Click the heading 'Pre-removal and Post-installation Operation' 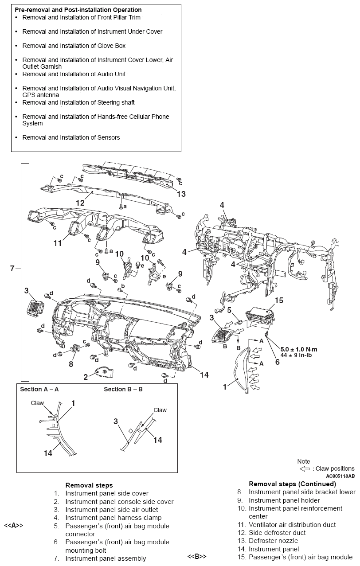[x=78, y=10]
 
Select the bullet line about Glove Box [x=74, y=46]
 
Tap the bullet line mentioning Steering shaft [x=78, y=102]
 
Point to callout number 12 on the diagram [x=80, y=203]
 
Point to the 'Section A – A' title [x=39, y=389]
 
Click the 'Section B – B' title [x=123, y=389]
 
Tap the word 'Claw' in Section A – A [x=37, y=403]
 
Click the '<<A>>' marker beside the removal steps [x=13, y=526]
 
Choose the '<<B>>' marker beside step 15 [x=197, y=557]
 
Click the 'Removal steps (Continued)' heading [x=292, y=484]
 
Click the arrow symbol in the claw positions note [x=305, y=468]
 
